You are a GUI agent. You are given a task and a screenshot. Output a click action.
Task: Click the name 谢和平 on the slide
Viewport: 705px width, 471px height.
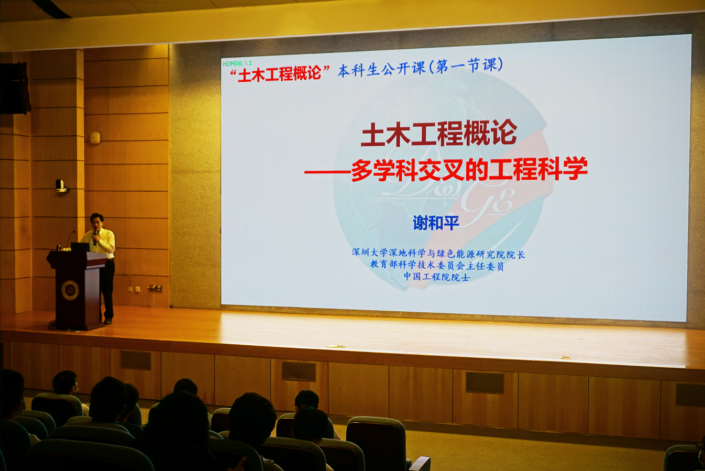436,223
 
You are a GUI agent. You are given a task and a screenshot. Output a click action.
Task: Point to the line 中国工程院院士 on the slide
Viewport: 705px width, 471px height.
436,277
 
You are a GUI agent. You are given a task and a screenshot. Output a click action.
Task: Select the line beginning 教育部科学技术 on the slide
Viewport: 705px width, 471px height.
437,266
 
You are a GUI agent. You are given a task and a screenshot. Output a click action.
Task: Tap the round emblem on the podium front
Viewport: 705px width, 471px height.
70,290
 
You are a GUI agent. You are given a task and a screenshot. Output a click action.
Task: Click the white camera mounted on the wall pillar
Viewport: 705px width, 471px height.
60,186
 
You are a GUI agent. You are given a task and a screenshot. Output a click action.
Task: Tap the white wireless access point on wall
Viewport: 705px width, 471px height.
94,138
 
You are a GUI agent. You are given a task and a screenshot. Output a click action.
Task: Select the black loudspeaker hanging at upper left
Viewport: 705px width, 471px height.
15,88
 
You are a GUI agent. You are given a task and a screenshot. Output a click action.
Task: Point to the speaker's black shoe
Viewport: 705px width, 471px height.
108,321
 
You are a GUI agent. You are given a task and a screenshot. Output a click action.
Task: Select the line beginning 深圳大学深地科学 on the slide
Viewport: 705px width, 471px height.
438,253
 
